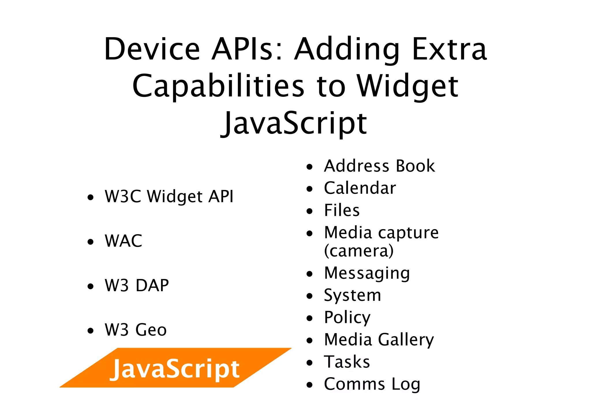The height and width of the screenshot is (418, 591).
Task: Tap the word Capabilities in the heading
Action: click(218, 86)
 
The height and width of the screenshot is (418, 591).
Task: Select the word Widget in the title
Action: click(407, 86)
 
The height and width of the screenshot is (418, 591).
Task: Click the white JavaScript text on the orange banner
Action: click(175, 369)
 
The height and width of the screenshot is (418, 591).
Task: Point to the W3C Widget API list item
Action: click(169, 196)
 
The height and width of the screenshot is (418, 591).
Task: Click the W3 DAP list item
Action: click(137, 285)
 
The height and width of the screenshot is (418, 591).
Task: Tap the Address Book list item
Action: click(379, 166)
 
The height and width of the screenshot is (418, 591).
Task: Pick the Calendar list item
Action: click(360, 188)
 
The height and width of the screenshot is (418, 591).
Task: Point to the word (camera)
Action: click(359, 251)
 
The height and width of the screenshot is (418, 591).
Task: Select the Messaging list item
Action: click(367, 273)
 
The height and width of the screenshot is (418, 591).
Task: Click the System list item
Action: click(352, 295)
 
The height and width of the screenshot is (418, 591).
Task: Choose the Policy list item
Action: click(347, 317)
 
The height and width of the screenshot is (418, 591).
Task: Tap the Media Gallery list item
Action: click(379, 340)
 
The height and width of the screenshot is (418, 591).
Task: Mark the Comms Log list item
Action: click(372, 384)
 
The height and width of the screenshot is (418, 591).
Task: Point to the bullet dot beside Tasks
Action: click(310, 363)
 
